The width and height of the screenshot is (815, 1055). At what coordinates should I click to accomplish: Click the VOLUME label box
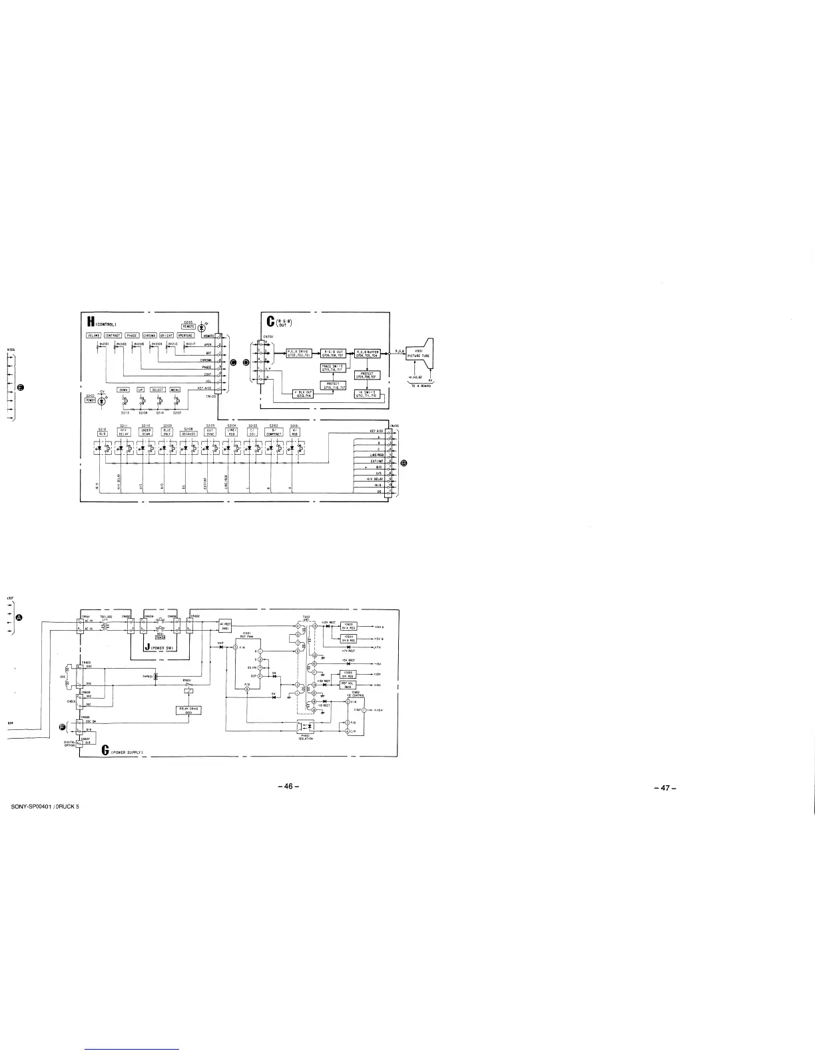93,335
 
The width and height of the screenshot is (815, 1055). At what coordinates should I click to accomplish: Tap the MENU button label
176,390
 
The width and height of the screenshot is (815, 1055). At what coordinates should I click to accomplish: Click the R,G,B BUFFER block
368,353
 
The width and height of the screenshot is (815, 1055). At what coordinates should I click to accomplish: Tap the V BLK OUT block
304,394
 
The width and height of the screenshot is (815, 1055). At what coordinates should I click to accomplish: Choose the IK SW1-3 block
368,394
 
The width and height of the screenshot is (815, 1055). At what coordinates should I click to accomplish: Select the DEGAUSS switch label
188,432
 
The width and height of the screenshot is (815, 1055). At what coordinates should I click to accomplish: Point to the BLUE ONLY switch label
168,432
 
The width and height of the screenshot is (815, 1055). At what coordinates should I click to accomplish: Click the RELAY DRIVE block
189,710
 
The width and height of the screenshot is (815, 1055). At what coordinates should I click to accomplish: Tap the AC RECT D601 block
225,624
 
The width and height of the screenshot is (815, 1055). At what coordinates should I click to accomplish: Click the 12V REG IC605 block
347,674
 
